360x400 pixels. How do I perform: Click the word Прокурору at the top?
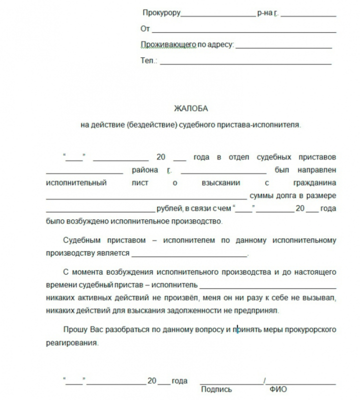click(x=161, y=13)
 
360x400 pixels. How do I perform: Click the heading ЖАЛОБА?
click(x=190, y=108)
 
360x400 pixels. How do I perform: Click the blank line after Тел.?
click(x=245, y=63)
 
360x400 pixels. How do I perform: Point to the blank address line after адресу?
click(x=283, y=47)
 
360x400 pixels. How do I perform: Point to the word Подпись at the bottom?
click(x=216, y=389)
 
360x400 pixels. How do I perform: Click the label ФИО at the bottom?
click(x=278, y=389)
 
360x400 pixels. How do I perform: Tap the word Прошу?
click(x=75, y=330)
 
